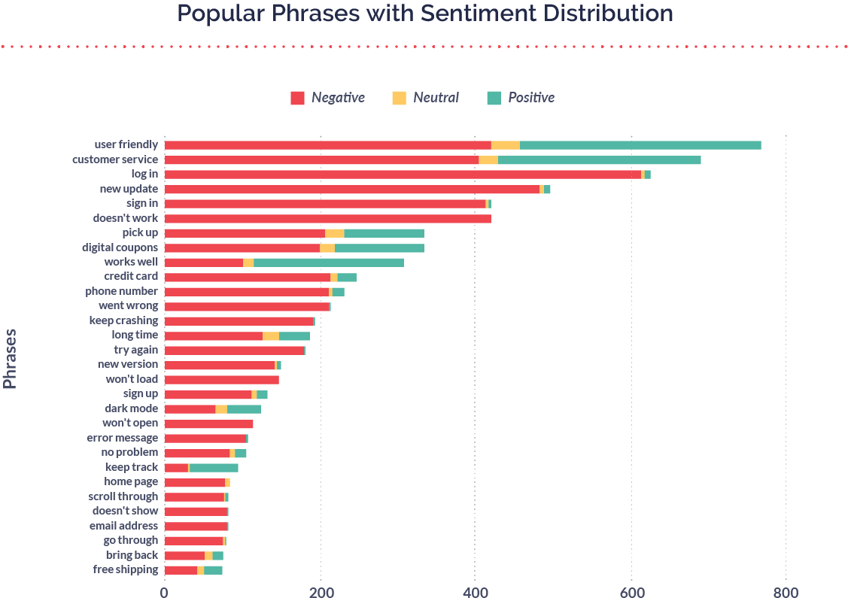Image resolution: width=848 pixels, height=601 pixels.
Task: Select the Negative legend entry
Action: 328,98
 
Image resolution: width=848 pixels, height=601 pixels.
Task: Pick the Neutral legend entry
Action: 426,98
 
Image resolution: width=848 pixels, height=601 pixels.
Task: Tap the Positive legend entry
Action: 521,98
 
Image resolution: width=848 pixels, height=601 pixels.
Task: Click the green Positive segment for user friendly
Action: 640,145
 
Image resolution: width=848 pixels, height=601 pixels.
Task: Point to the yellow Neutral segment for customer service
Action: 488,160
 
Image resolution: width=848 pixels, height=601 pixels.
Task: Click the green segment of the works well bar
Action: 329,263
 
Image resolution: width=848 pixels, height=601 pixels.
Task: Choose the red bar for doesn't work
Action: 327,219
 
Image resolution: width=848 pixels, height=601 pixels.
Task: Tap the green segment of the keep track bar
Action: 214,468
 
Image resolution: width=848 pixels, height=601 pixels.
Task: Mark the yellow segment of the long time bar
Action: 271,335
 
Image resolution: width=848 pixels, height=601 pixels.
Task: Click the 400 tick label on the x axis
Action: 475,592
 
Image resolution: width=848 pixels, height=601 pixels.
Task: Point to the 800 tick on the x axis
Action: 786,592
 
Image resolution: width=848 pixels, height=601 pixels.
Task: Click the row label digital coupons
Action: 120,247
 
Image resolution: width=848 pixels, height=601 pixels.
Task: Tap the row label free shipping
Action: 126,570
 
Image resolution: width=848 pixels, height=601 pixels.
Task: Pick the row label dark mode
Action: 132,408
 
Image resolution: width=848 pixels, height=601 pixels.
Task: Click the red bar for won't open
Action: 208,423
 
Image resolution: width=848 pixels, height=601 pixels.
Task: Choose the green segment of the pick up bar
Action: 384,233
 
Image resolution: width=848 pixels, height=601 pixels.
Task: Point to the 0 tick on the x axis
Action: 164,592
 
